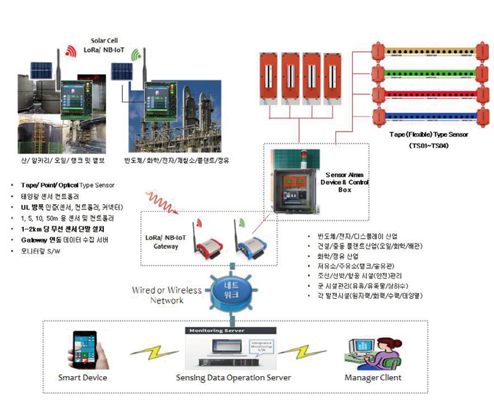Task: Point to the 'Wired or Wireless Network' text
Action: [167, 295]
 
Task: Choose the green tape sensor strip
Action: [428, 73]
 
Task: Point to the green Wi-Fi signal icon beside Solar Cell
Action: [137, 55]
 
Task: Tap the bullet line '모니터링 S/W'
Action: [43, 250]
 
